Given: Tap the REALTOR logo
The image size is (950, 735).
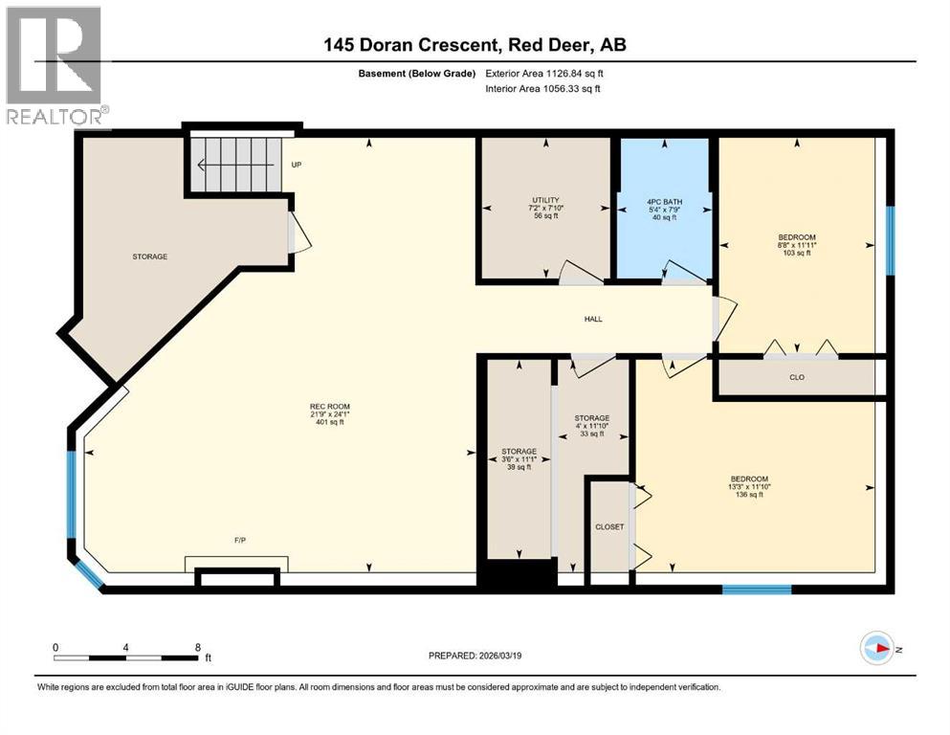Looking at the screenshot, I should click(54, 67).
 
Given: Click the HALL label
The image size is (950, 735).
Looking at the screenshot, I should click(593, 319).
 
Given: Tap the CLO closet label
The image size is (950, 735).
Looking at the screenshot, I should click(796, 377).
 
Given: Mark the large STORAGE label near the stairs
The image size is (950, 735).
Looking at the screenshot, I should click(150, 256).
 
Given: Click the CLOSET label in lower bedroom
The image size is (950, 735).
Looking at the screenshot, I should click(609, 527).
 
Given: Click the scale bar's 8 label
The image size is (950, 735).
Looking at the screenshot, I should click(197, 647).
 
